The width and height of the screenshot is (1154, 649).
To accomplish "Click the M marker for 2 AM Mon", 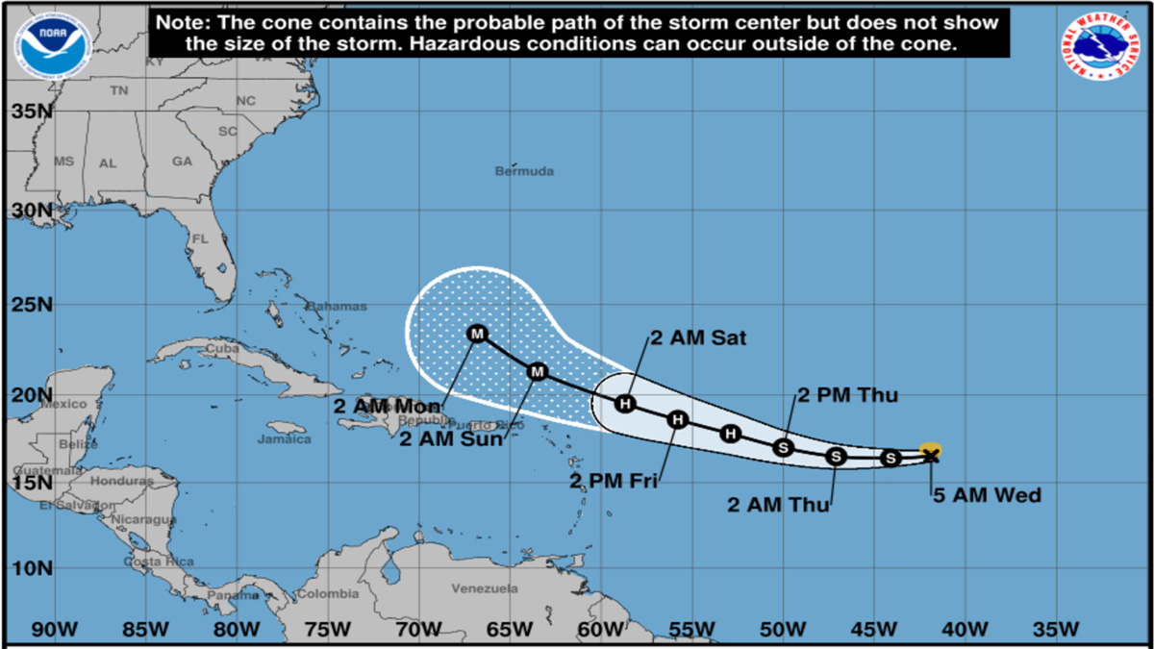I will coord(477,334).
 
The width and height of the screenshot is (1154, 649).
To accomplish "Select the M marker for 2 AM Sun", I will coord(538,371).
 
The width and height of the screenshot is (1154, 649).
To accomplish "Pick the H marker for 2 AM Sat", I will coord(626,404).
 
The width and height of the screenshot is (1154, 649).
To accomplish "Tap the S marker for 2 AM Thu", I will coord(836,456).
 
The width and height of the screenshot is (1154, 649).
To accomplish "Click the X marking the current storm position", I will coord(930,455).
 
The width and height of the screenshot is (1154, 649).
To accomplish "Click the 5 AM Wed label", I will coord(987,496).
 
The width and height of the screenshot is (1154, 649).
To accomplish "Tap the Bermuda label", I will coord(525,171).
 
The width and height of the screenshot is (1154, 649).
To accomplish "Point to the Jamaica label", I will coord(285,438).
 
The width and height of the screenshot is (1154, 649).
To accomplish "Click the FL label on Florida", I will coord(200,238).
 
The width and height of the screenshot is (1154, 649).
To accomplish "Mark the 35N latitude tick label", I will coord(31,112).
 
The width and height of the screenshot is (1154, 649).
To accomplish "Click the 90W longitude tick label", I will coord(54,630).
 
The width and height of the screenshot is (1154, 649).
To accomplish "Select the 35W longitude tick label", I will coord(1055,630).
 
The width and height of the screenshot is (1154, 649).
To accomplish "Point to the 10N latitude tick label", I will coord(31,567).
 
